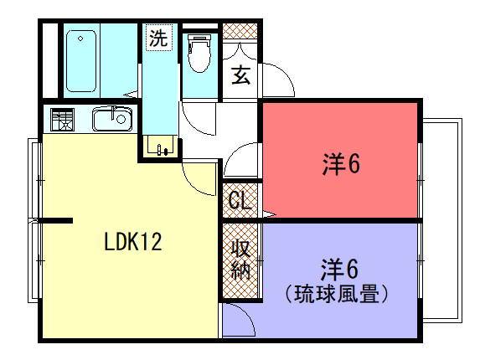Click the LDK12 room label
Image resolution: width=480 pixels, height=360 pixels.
point(133,242)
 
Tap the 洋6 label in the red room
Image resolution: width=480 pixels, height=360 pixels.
point(341,164)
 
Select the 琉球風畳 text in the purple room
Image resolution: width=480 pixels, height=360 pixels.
point(337,294)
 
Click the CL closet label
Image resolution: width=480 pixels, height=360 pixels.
point(240,200)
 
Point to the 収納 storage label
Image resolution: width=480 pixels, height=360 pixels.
point(240,260)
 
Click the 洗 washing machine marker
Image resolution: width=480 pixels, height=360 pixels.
point(158,38)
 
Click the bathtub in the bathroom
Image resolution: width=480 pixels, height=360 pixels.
point(81,61)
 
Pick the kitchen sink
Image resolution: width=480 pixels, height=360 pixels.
point(112,119)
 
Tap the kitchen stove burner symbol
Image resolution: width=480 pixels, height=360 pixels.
point(63,119)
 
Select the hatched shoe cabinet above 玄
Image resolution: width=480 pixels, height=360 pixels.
point(240,31)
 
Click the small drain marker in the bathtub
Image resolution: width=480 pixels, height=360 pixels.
point(80,39)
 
